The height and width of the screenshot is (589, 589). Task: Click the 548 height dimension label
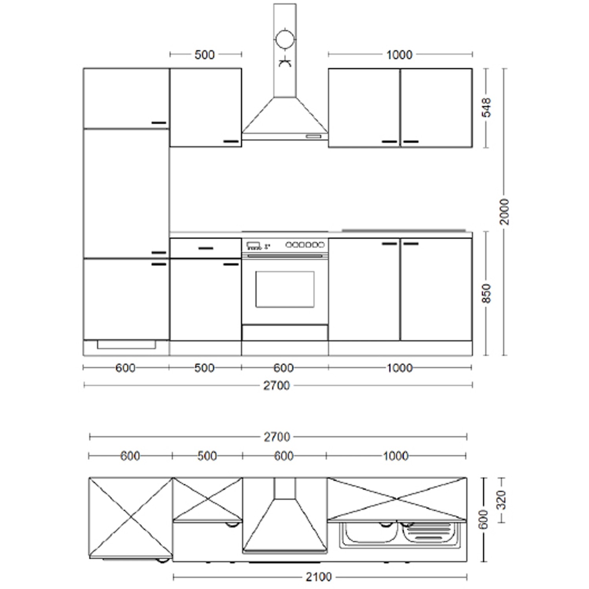(x=487, y=108)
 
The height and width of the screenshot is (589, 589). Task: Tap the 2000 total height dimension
(x=504, y=212)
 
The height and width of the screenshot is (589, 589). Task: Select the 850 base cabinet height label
(x=487, y=293)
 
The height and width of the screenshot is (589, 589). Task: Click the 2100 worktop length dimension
(x=318, y=577)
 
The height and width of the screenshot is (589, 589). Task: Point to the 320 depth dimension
(x=501, y=500)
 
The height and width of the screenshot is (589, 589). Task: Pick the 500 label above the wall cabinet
(x=205, y=55)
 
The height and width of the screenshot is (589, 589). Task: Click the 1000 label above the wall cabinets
(x=399, y=55)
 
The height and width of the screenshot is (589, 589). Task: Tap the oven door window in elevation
(x=285, y=289)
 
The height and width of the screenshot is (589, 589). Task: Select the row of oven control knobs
(x=305, y=245)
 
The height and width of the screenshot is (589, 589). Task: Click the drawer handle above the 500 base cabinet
(x=206, y=248)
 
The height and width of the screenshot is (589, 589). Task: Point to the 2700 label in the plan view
(x=277, y=437)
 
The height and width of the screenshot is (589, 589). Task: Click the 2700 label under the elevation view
(x=276, y=386)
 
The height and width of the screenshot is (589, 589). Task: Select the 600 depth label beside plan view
(x=484, y=519)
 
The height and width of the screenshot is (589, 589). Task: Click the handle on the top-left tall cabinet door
(x=159, y=123)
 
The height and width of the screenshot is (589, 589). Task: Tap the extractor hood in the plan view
(x=285, y=518)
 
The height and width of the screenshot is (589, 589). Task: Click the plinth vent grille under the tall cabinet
(x=126, y=345)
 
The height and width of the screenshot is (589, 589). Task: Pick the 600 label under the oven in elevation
(x=284, y=368)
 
